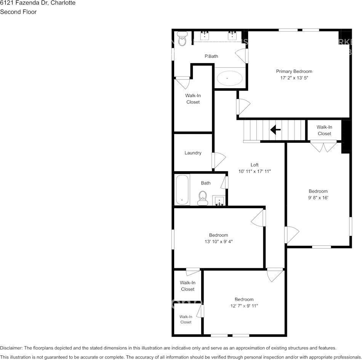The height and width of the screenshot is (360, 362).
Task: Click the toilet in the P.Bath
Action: pos(182,39)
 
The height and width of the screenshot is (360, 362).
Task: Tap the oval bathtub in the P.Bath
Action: pos(229,78)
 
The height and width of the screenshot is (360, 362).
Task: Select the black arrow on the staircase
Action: pos(275,130)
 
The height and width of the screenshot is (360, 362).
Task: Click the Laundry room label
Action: pos(193,153)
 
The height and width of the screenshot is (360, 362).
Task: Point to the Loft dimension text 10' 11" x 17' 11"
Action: pos(255,171)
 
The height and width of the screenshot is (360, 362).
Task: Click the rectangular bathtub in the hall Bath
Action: pos(182,190)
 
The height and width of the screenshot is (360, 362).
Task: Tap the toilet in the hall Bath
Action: pos(203,198)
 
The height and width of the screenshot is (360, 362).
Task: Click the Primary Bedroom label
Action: pos(294,72)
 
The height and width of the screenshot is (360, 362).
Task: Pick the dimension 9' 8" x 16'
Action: pos(318,198)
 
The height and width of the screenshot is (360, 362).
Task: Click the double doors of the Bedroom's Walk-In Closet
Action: pos(324,146)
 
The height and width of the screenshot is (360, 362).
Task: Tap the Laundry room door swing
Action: pos(219,160)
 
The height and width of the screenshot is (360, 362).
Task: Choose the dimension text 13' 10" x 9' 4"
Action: pos(218,241)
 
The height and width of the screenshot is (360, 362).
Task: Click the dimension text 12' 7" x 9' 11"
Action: pos(244,306)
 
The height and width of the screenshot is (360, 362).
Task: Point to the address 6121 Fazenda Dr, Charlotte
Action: pos(38,3)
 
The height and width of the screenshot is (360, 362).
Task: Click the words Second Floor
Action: pos(18,12)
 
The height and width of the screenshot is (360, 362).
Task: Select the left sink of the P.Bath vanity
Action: pos(205,36)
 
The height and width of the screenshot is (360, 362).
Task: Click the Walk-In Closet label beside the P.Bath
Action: pos(193,99)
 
